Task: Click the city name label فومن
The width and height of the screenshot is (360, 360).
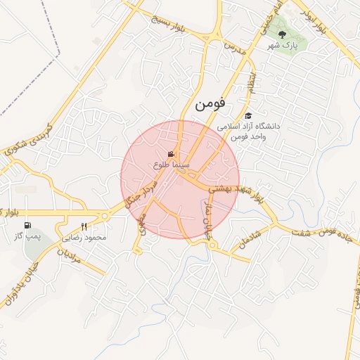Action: [x=210, y=103]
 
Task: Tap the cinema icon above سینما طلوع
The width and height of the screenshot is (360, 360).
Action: [x=171, y=154]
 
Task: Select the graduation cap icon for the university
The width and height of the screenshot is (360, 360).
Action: [x=247, y=115]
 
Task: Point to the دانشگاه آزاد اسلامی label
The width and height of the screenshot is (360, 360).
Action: [x=248, y=127]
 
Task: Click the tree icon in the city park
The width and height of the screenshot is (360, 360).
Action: [x=282, y=34]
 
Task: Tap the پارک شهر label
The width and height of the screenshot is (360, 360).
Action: [x=286, y=44]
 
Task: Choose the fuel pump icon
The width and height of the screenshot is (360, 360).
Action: [x=27, y=226]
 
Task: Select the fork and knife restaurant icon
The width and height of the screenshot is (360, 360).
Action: [x=84, y=226]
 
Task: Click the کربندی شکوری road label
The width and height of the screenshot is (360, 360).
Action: [x=28, y=141]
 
